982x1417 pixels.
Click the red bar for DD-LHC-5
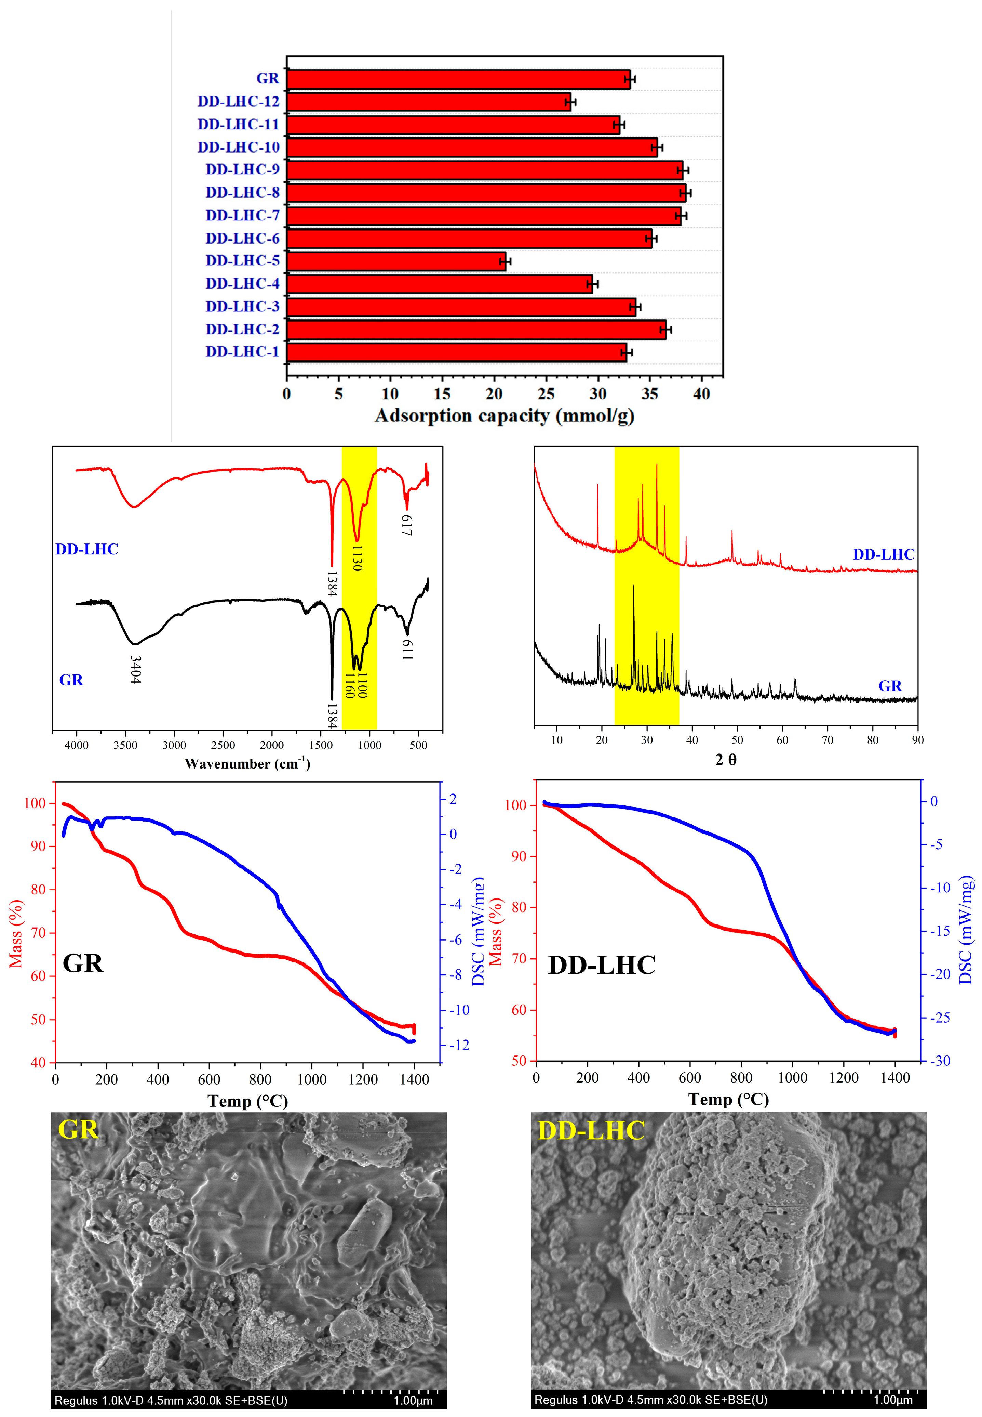pos(395,261)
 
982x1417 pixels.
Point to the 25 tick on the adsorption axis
pos(546,394)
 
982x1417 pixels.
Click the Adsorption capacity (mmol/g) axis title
pos(505,416)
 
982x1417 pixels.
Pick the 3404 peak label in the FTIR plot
pos(135,670)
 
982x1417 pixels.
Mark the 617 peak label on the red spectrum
pos(406,525)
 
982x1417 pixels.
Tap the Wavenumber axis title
pos(247,764)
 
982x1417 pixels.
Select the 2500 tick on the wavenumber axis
pos(223,745)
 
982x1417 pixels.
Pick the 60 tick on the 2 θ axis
pos(782,740)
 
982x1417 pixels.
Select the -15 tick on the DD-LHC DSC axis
pos(937,931)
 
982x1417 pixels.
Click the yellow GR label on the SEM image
pos(78,1130)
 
